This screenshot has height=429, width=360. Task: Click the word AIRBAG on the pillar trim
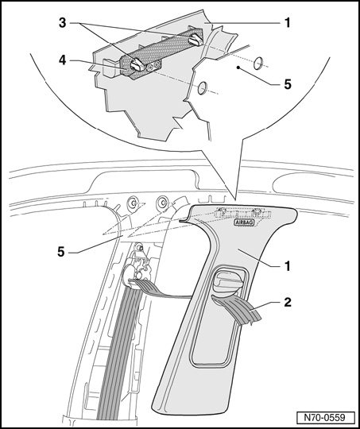click(245, 222)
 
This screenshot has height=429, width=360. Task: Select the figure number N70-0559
click(325, 418)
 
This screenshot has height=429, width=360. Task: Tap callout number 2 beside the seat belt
click(287, 303)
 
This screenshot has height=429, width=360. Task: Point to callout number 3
click(63, 23)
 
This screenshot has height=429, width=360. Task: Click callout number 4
click(63, 60)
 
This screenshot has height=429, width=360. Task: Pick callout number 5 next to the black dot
click(288, 84)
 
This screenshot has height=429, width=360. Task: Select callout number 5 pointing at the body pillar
click(60, 252)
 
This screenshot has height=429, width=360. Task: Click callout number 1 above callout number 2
click(287, 266)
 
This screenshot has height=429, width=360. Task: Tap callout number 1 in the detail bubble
click(287, 23)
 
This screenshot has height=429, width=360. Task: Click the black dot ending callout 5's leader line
click(238, 67)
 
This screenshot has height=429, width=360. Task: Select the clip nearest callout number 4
click(137, 64)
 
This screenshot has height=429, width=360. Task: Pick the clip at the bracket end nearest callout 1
click(195, 40)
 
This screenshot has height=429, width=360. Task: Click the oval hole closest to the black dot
click(258, 64)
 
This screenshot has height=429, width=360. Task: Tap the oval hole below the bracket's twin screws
click(203, 88)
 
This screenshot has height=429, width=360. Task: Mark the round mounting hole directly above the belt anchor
click(133, 203)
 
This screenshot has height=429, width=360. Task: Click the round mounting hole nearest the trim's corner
click(163, 203)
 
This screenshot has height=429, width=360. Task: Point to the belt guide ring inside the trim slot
click(226, 280)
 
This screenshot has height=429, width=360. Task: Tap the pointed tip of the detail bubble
click(235, 199)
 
